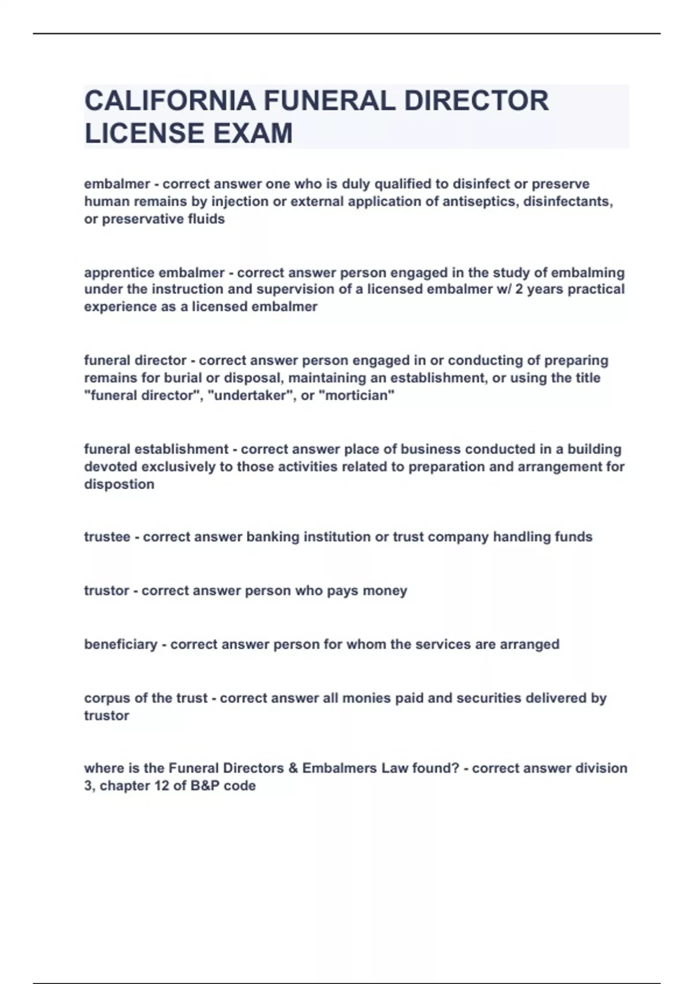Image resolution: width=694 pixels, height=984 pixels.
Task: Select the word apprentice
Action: click(x=119, y=272)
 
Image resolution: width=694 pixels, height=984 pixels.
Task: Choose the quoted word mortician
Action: click(x=357, y=395)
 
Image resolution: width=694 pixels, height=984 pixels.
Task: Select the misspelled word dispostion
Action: click(x=119, y=484)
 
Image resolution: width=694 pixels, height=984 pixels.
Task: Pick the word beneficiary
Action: click(x=120, y=644)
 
